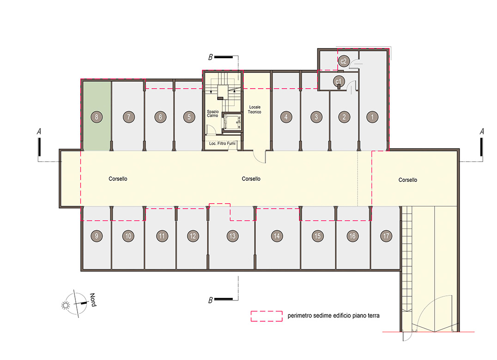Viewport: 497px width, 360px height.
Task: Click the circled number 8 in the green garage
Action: (x=97, y=117)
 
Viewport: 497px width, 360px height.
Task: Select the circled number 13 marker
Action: (x=232, y=236)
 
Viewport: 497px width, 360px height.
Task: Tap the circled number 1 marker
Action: (x=372, y=117)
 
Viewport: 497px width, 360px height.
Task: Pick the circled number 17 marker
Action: (x=386, y=236)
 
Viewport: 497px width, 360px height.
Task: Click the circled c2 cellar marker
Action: (x=344, y=61)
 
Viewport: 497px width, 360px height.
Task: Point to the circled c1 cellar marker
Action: (x=339, y=82)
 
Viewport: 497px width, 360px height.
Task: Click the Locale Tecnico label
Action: (x=255, y=109)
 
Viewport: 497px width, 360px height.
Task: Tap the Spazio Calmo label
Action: (x=212, y=114)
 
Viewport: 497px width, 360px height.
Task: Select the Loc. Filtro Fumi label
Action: (x=222, y=144)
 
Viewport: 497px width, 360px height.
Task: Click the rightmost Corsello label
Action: (x=407, y=180)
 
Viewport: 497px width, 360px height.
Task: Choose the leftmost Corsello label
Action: (x=118, y=179)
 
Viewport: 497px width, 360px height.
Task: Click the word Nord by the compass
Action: (x=93, y=300)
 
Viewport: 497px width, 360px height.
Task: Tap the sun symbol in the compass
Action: (x=66, y=305)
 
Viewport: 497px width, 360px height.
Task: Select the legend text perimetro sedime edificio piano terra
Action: (x=333, y=316)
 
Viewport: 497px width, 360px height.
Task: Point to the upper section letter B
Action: (x=210, y=57)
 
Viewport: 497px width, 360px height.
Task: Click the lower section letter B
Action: (x=210, y=300)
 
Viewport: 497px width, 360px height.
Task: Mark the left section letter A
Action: (x=39, y=132)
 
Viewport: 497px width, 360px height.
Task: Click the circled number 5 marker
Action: (x=189, y=117)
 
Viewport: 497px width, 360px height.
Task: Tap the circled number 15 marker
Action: (x=317, y=236)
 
